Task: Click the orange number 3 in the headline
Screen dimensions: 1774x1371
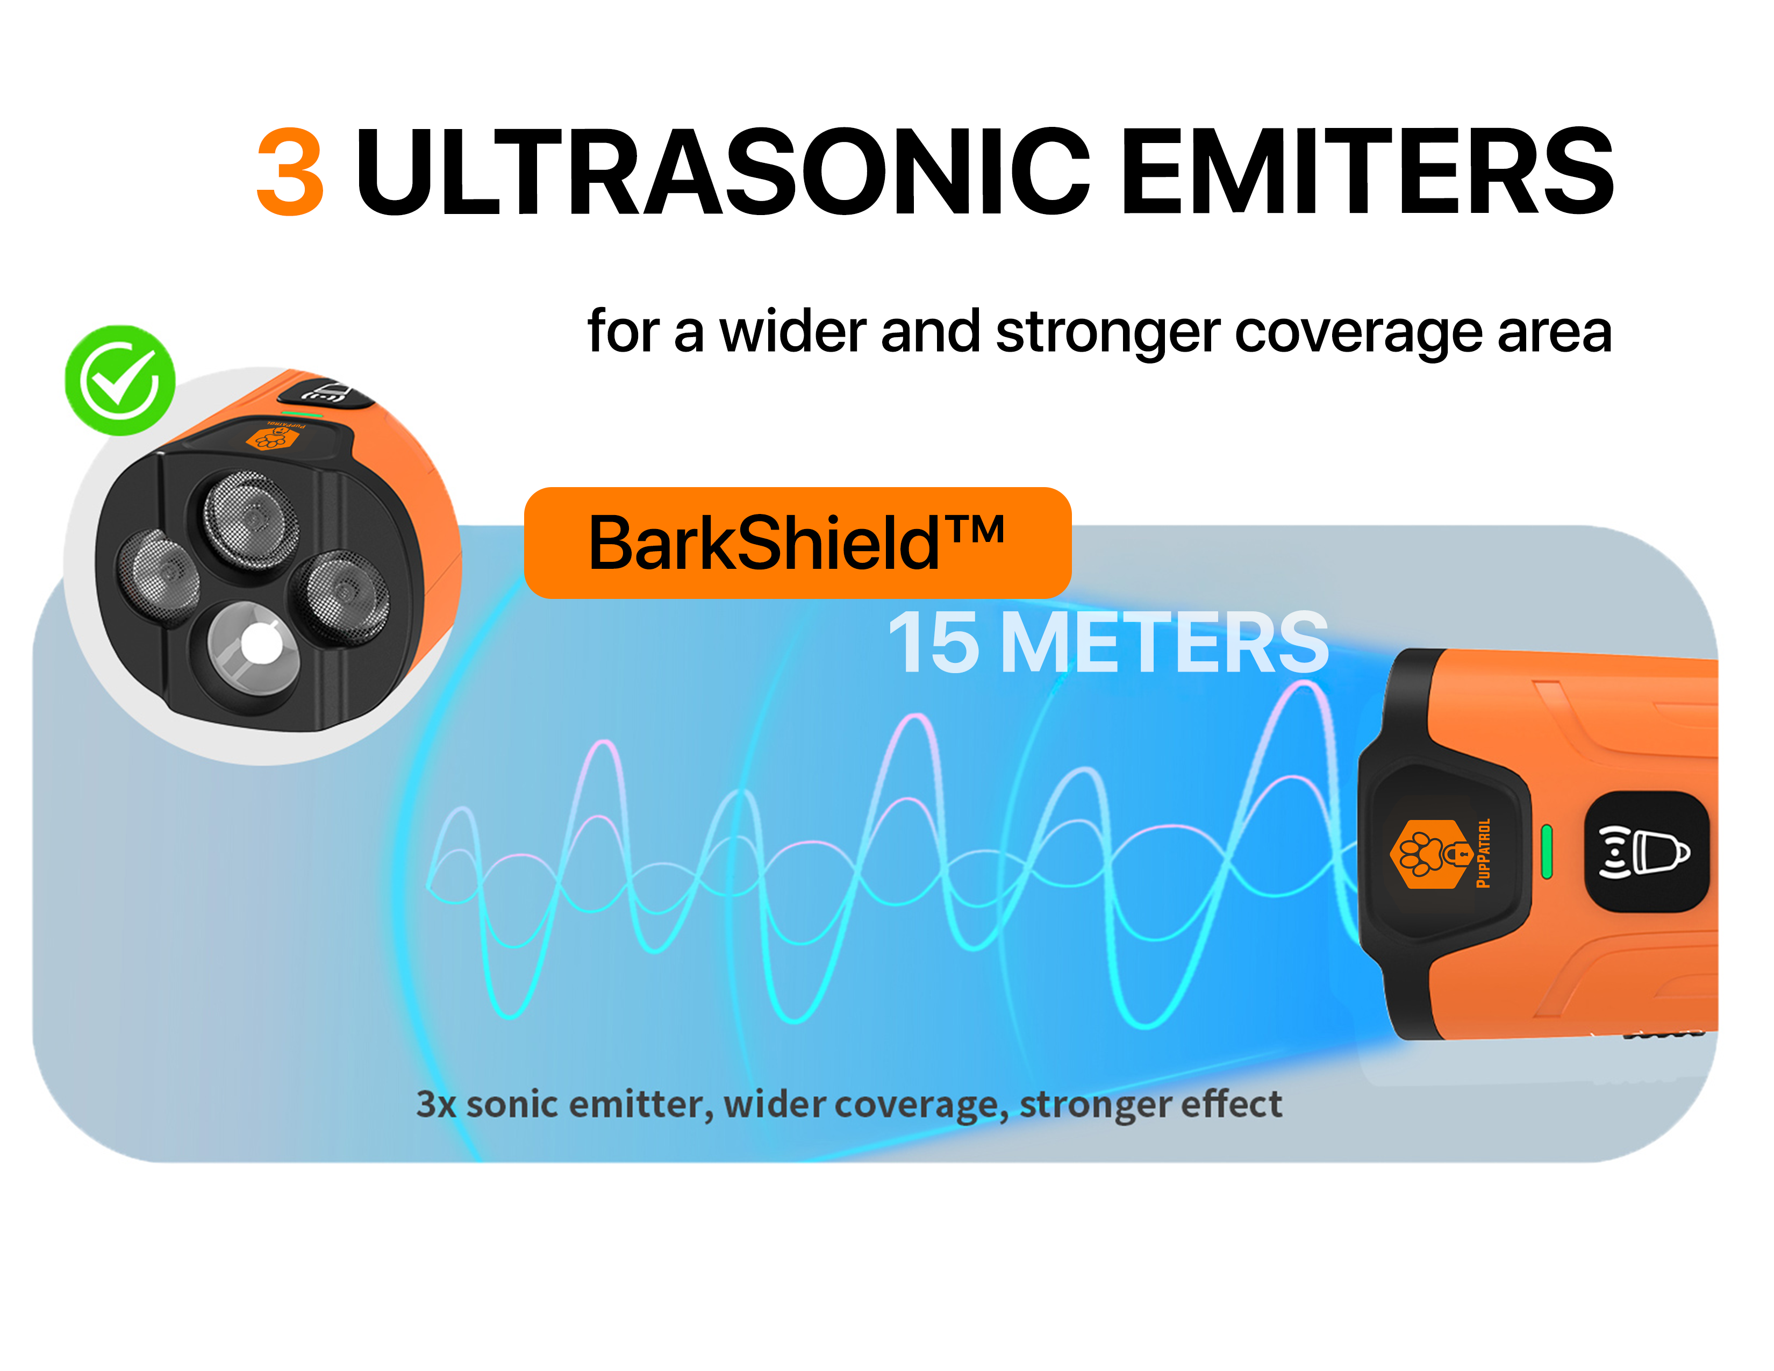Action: click(x=290, y=172)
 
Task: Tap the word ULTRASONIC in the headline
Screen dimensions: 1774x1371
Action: click(x=723, y=172)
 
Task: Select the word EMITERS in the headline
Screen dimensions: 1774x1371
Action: click(x=1368, y=172)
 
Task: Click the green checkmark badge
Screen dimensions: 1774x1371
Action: click(x=120, y=380)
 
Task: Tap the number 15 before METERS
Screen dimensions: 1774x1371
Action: click(x=934, y=642)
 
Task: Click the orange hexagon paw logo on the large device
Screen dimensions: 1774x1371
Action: click(x=1431, y=854)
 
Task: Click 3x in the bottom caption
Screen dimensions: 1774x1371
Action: click(x=436, y=1105)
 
